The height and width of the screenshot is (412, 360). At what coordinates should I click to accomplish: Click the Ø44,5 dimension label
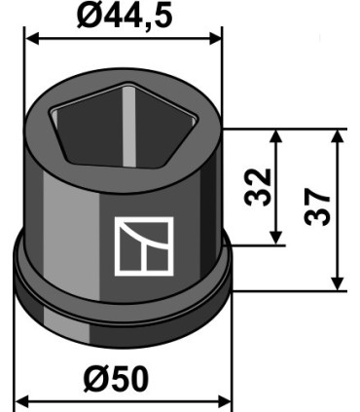tap(125, 16)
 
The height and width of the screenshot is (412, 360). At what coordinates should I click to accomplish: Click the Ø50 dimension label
tap(116, 379)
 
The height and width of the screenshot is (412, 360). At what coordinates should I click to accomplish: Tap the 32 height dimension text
tap(258, 187)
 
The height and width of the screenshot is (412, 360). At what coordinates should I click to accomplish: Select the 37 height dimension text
tap(317, 207)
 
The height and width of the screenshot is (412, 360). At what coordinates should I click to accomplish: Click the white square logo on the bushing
tap(144, 246)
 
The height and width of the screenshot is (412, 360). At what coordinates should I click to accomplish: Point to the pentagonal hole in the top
tap(123, 126)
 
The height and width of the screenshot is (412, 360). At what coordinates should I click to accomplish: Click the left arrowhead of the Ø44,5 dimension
tap(32, 38)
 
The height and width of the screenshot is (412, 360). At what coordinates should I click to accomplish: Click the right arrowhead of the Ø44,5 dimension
tap(215, 38)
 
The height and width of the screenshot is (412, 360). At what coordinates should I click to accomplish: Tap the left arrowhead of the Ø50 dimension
tap(22, 401)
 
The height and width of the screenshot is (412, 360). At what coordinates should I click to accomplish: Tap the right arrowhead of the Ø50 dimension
tap(225, 401)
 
